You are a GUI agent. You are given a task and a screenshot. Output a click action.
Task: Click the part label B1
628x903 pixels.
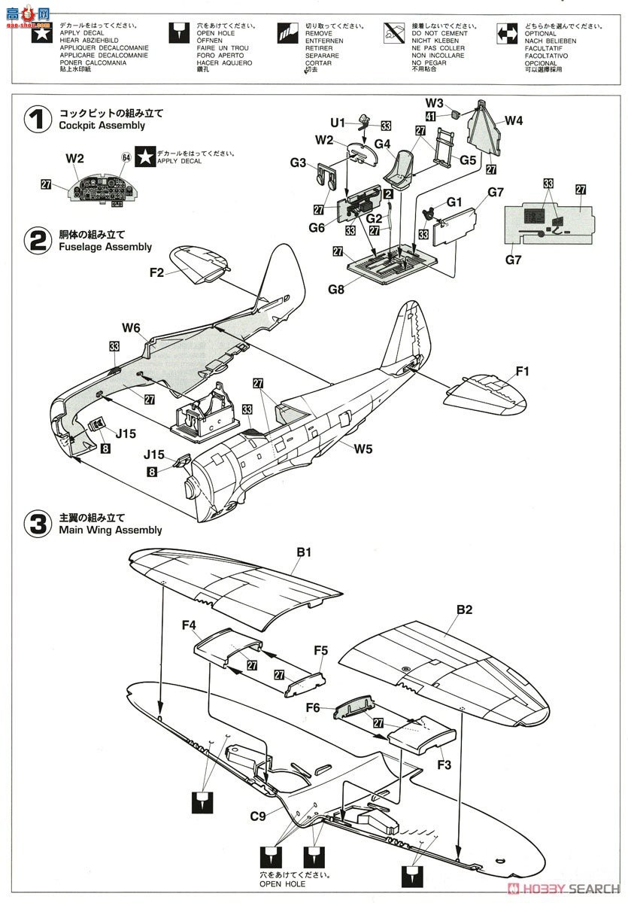coord(304,552)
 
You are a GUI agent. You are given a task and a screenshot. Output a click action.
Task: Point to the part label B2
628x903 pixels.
coord(464,610)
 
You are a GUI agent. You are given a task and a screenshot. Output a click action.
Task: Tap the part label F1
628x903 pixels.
coord(523,370)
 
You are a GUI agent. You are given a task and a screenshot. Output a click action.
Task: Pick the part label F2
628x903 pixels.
coord(156,273)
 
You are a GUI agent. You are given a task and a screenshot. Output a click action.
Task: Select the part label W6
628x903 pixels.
coord(132,327)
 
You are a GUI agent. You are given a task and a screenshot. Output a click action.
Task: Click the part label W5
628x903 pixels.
coord(364,449)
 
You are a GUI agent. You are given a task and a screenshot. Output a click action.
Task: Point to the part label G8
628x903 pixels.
coord(336,289)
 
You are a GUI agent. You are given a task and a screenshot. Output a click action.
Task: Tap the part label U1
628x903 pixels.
coord(338,123)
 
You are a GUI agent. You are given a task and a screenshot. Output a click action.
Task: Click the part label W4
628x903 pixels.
coord(514,120)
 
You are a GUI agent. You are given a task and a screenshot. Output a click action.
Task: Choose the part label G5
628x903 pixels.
coord(469,160)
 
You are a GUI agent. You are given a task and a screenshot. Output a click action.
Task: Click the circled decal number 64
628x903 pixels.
coord(126,157)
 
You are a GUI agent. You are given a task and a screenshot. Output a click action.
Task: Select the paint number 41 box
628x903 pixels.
coord(430,116)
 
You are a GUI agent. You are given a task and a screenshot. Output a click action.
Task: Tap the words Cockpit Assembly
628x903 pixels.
coord(102,126)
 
